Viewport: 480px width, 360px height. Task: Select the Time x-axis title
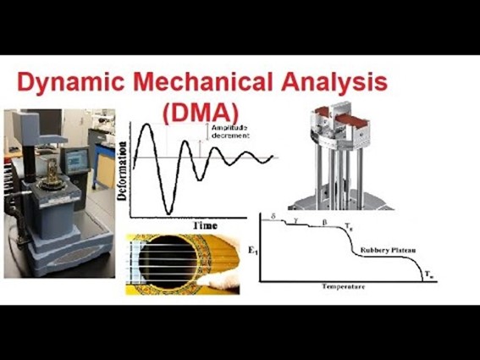coord(205,226)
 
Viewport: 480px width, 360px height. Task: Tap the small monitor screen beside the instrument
coord(77,158)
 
